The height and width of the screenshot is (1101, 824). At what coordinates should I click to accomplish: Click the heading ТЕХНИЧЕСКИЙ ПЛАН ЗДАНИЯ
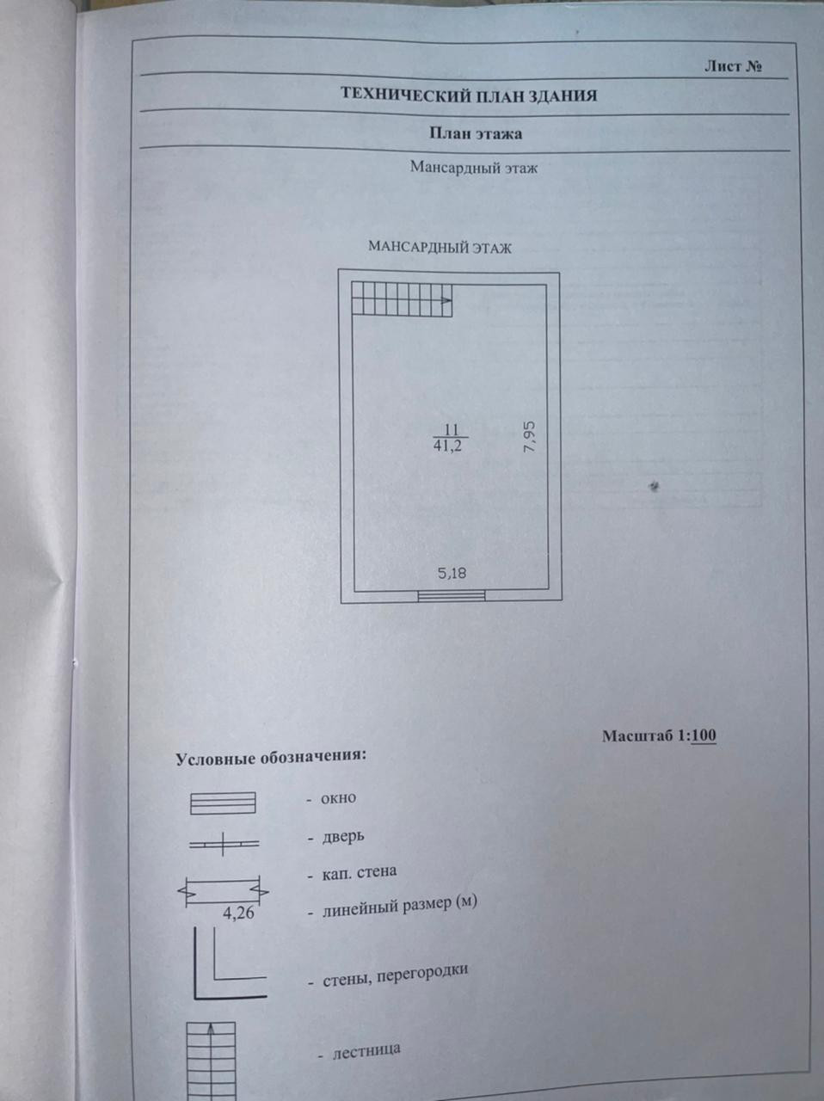click(468, 95)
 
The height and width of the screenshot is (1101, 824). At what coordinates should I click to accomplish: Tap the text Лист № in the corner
click(733, 66)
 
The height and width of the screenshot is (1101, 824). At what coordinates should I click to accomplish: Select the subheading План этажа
click(475, 133)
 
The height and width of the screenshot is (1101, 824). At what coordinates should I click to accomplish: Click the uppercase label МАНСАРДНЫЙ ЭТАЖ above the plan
click(440, 248)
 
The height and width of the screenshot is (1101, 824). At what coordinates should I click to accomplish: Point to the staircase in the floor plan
click(402, 300)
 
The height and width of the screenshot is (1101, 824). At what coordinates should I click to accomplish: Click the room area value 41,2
click(447, 446)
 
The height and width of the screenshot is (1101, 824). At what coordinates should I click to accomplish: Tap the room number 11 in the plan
click(451, 429)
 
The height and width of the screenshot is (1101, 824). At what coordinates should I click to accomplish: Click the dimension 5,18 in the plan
click(452, 573)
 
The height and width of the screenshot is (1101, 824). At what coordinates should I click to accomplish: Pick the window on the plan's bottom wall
click(452, 595)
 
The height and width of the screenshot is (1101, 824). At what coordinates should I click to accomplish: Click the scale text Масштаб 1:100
click(659, 735)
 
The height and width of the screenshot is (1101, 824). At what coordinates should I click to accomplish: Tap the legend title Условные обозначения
click(271, 758)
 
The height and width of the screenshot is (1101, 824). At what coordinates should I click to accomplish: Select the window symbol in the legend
click(223, 803)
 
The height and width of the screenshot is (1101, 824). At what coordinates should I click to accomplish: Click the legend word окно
click(338, 798)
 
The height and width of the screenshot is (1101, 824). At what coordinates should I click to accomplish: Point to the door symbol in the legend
click(224, 845)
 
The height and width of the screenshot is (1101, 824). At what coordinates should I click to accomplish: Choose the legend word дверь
click(343, 835)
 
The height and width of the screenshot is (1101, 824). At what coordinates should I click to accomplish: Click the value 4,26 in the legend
click(238, 913)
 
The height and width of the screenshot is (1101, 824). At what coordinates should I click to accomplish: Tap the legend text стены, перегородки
click(395, 975)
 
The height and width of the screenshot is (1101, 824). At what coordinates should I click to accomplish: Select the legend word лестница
click(366, 1050)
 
